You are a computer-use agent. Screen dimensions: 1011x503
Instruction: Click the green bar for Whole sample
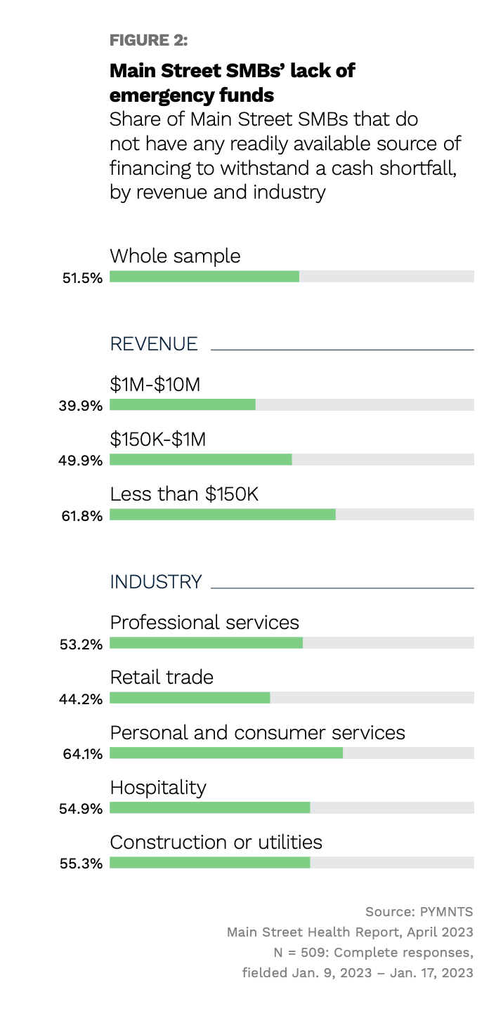point(204,277)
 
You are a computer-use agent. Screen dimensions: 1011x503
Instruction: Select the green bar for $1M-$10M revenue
point(183,405)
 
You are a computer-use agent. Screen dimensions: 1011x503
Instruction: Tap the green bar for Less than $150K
point(223,515)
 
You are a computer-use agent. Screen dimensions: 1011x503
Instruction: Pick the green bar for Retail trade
point(190,698)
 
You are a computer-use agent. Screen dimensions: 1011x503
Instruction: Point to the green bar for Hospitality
point(210,807)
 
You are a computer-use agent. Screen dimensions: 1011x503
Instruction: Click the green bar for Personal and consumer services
point(226,753)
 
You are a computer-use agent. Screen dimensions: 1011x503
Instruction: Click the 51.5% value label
point(82,278)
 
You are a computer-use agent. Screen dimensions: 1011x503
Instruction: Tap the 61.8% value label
point(82,516)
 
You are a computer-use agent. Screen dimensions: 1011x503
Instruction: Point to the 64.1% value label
point(82,754)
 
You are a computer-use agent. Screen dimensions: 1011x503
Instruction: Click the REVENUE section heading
point(154,344)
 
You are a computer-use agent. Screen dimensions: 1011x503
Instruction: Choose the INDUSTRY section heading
point(156,582)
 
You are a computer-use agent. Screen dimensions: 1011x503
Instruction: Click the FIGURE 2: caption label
point(148,41)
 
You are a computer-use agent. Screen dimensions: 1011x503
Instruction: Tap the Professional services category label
point(204,622)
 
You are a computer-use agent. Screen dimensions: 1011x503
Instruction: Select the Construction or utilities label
point(216,842)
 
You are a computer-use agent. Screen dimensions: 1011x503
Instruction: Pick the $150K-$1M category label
point(158,440)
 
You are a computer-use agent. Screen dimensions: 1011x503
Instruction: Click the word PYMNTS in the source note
point(447,912)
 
